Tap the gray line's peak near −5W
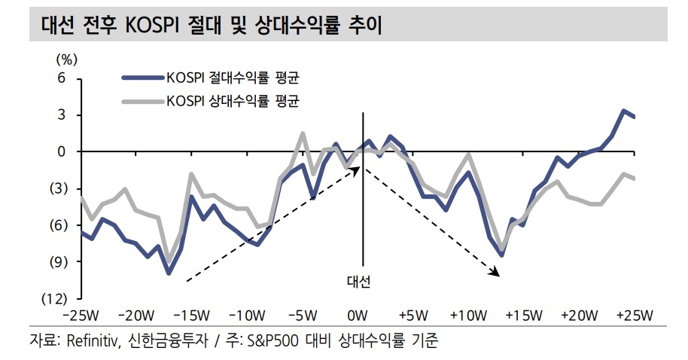[x=303, y=134]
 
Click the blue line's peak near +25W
[x=624, y=111]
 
